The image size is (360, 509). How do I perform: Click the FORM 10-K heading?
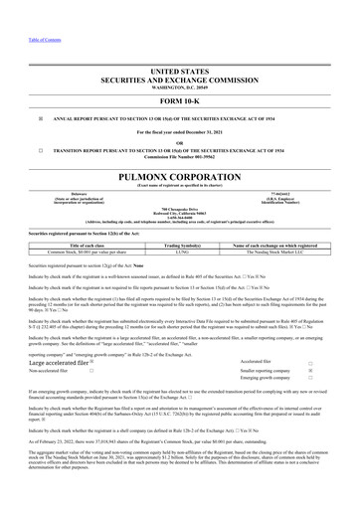click(179, 73)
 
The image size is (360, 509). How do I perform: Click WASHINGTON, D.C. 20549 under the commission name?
click(179, 59)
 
